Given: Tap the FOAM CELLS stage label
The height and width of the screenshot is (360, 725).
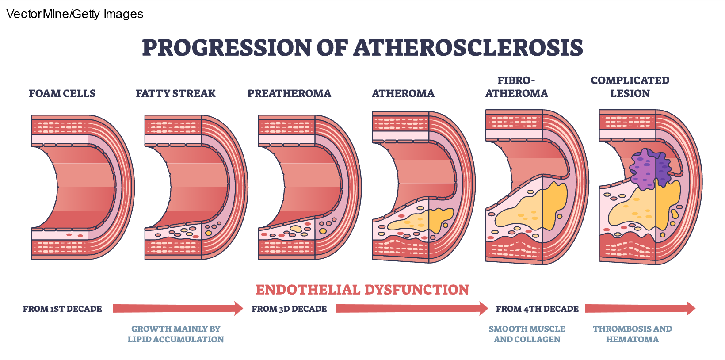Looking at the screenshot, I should click(x=62, y=93).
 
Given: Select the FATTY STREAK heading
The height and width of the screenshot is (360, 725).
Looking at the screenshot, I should click(x=176, y=93).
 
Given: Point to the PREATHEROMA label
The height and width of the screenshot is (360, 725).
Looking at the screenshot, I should click(x=289, y=93).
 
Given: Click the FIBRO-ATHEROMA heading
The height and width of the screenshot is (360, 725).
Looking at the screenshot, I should click(x=516, y=87).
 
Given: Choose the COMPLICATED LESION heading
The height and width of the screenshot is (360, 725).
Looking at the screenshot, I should click(x=630, y=87).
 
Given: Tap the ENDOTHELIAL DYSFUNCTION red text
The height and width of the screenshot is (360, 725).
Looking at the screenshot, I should click(x=362, y=290).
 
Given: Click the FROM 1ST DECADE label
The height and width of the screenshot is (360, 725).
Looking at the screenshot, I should click(x=62, y=309).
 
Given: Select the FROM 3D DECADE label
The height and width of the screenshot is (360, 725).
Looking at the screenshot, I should click(x=289, y=309).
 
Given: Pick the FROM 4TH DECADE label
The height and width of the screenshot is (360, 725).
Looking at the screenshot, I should click(x=537, y=309).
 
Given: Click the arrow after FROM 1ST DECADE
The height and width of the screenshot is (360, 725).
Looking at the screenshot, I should click(x=177, y=308).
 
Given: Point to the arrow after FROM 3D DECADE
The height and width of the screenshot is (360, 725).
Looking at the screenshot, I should click(x=412, y=308).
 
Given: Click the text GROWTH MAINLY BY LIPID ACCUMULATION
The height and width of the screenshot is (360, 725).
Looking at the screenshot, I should click(x=176, y=334).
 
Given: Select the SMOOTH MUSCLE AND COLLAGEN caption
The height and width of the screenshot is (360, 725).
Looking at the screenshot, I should click(x=527, y=334).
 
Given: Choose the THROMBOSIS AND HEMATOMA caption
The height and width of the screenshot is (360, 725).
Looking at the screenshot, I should click(x=632, y=334).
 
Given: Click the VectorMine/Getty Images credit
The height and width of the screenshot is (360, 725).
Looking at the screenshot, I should click(x=75, y=14).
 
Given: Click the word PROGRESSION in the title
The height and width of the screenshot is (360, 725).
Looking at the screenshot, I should click(x=227, y=48).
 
